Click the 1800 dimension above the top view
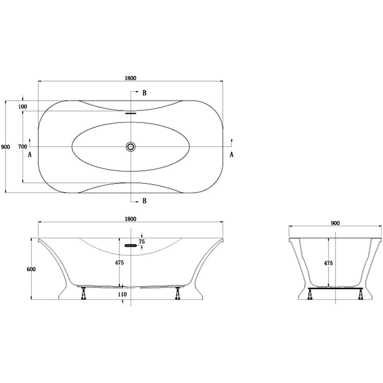point(130,78)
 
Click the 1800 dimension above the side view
point(130,219)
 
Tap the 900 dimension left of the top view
point(6,147)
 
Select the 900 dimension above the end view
point(335,223)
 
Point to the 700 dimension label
point(23,147)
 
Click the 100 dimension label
point(23,107)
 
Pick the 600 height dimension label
point(31,269)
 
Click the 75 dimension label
point(142,242)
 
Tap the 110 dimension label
point(122,295)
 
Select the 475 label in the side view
point(120,262)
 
